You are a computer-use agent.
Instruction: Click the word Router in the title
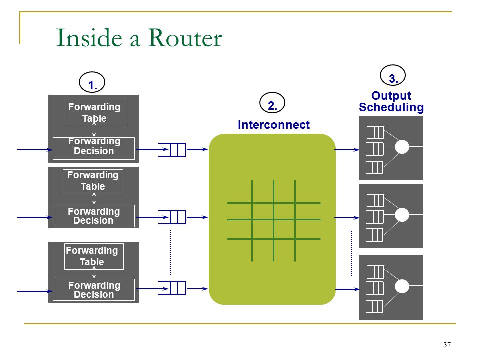[x=185, y=38]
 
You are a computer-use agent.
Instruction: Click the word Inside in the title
[x=89, y=38]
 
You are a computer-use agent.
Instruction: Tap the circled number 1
[x=92, y=82]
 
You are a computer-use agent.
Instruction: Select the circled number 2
[x=272, y=103]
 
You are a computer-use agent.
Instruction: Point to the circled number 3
[x=393, y=75]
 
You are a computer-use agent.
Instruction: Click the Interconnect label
[x=274, y=125]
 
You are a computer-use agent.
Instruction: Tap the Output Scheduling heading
[x=391, y=102]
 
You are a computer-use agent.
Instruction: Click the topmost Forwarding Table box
[x=94, y=111]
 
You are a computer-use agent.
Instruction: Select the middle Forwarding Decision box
[x=94, y=216]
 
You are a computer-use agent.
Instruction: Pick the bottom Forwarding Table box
[x=94, y=256]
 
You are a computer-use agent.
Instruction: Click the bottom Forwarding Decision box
[x=94, y=290]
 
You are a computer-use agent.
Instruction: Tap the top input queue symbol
[x=172, y=149]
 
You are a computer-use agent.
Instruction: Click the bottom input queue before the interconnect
[x=172, y=288]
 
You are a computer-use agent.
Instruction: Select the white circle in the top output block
[x=402, y=147]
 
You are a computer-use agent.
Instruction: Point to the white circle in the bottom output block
[x=402, y=286]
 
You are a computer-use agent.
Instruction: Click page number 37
[x=447, y=345]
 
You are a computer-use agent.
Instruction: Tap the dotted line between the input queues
[x=170, y=253]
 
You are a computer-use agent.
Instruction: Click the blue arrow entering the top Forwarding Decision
[x=35, y=150]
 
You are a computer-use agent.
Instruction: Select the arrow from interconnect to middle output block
[x=347, y=218]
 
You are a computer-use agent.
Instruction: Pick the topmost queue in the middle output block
[x=375, y=200]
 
